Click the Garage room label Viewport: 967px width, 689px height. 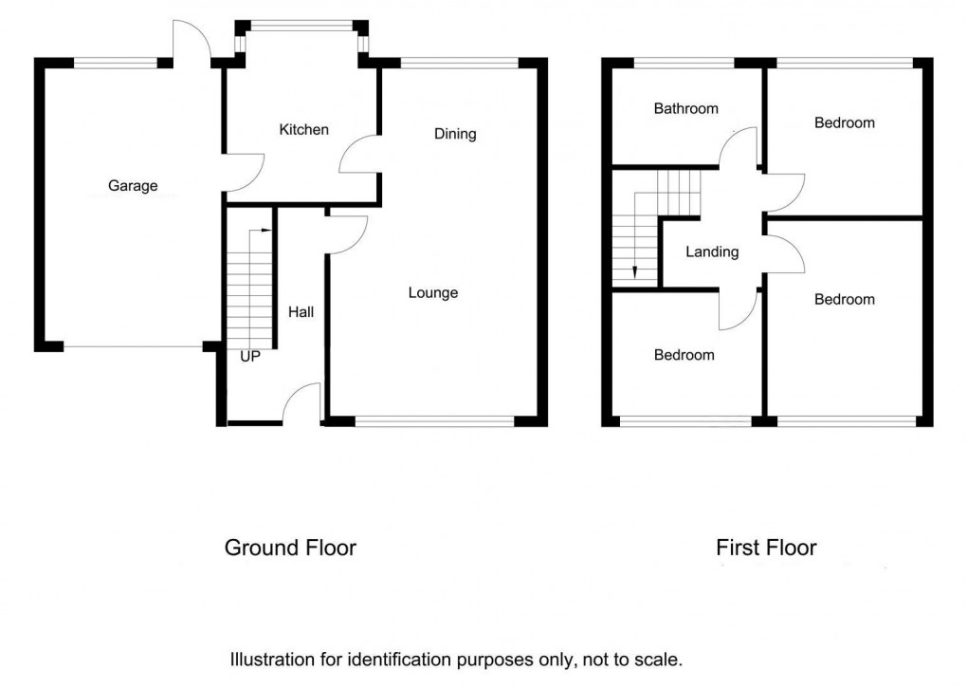[x=133, y=186]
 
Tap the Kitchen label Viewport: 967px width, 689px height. [x=303, y=129]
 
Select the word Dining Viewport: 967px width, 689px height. [x=455, y=134]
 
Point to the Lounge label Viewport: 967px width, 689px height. [x=433, y=292]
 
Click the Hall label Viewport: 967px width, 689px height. [x=301, y=311]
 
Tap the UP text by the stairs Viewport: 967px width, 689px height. [x=250, y=358]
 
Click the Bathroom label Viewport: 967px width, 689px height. [x=686, y=108]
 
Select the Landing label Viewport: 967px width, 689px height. [x=712, y=251]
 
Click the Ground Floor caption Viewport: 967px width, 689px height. [x=290, y=548]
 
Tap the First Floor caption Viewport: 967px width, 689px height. [x=766, y=548]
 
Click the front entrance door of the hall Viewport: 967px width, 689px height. [x=303, y=403]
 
